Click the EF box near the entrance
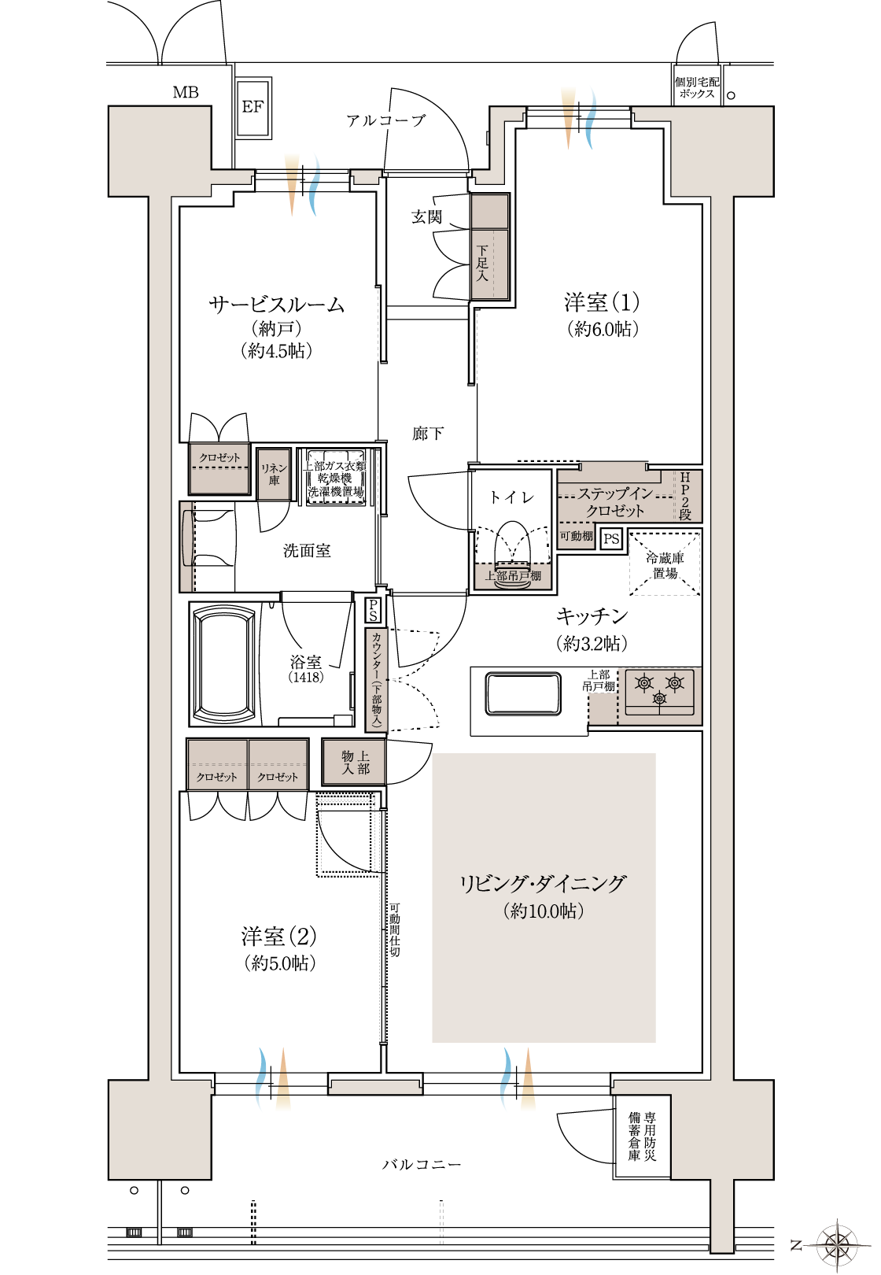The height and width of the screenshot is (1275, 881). point(253,108)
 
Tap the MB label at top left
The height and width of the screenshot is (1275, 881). point(186,93)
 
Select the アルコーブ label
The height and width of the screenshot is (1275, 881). point(385,120)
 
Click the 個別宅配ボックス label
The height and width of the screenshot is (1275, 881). point(697,87)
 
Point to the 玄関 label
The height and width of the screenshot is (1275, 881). point(427,217)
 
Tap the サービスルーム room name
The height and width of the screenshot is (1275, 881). point(276,305)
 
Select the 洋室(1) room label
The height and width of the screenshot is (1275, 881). point(602,303)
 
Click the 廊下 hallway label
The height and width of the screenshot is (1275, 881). point(428,434)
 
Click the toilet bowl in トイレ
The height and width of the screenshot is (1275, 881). point(512,543)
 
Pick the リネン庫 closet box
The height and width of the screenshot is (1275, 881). point(274,474)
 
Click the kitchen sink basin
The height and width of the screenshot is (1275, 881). point(523,693)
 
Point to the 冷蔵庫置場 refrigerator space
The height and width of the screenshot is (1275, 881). point(665,565)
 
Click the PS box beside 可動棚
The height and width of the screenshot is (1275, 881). point(611,539)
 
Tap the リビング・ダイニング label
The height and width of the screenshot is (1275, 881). point(543,884)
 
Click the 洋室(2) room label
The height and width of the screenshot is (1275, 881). point(279,937)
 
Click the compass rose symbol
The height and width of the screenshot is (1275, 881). point(837,1245)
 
